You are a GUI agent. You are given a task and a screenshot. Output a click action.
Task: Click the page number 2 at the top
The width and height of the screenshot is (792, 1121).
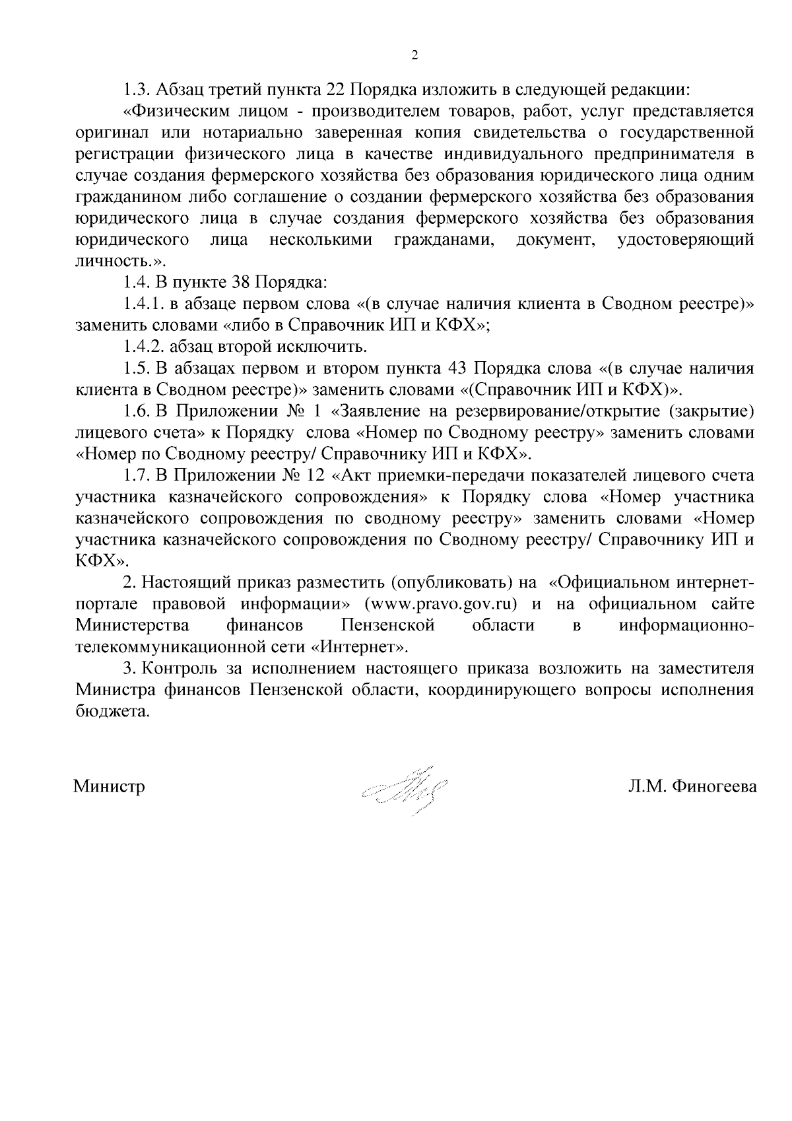click(x=414, y=56)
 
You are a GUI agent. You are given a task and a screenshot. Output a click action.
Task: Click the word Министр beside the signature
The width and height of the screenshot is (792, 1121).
click(x=110, y=787)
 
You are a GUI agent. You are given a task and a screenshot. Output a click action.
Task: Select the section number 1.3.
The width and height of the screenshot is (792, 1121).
click(x=137, y=89)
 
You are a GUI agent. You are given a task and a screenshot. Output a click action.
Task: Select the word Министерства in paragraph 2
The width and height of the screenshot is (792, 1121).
click(x=133, y=625)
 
